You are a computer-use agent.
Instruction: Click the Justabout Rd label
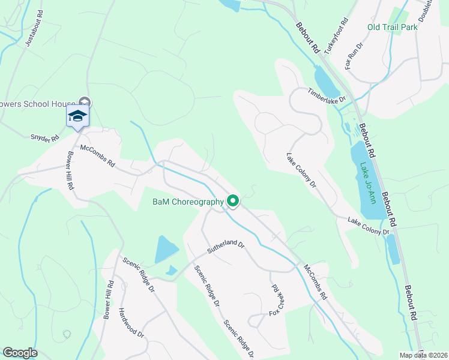pyautogui.click(x=32, y=29)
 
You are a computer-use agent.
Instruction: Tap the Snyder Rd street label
pyautogui.click(x=46, y=138)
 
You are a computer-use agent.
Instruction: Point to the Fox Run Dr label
pyautogui.click(x=354, y=55)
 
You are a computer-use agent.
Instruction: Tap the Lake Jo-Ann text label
pyautogui.click(x=368, y=182)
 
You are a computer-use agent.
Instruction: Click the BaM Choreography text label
pyautogui.click(x=188, y=202)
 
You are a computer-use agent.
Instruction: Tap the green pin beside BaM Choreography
pyautogui.click(x=234, y=202)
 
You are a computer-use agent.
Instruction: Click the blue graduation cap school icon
pyautogui.click(x=77, y=116)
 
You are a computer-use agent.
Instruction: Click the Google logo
pyautogui.click(x=20, y=353)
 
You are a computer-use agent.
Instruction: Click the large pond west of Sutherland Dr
pyautogui.click(x=166, y=248)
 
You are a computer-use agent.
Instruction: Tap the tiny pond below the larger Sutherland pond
pyautogui.click(x=172, y=271)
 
